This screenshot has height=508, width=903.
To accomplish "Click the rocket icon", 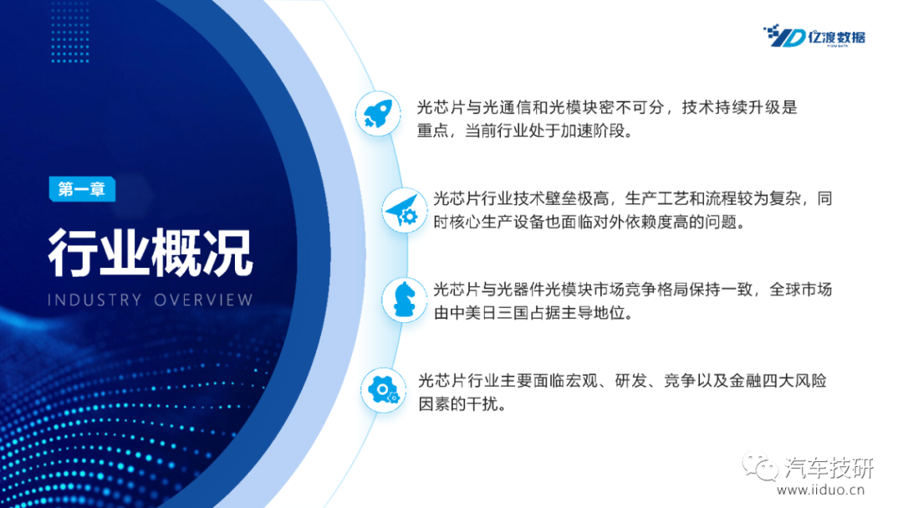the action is (x=378, y=114).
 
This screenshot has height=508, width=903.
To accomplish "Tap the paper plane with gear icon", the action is (x=402, y=210).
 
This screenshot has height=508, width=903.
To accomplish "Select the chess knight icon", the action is (x=404, y=300).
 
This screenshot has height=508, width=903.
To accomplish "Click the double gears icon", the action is (x=384, y=390).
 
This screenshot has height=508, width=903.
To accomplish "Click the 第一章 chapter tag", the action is (x=82, y=189).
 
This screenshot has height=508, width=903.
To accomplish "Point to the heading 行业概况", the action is (x=150, y=253).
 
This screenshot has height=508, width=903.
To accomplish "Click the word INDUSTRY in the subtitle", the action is (x=94, y=300).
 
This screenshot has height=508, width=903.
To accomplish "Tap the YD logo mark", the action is (x=783, y=36).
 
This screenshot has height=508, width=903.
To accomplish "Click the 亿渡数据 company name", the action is (x=836, y=37).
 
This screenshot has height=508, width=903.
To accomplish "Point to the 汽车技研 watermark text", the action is (x=829, y=468).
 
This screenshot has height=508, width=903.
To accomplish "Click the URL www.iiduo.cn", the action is (x=821, y=490).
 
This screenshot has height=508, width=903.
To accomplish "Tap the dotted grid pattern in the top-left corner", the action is (x=69, y=32).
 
